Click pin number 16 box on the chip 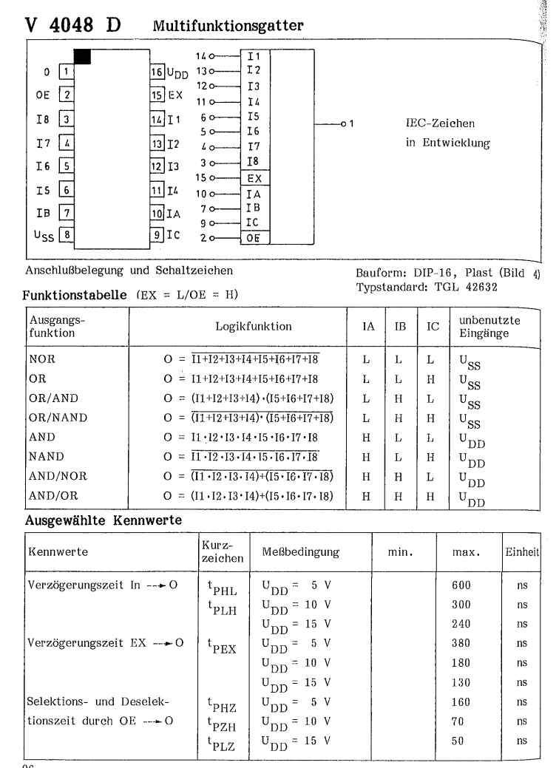(157, 73)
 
